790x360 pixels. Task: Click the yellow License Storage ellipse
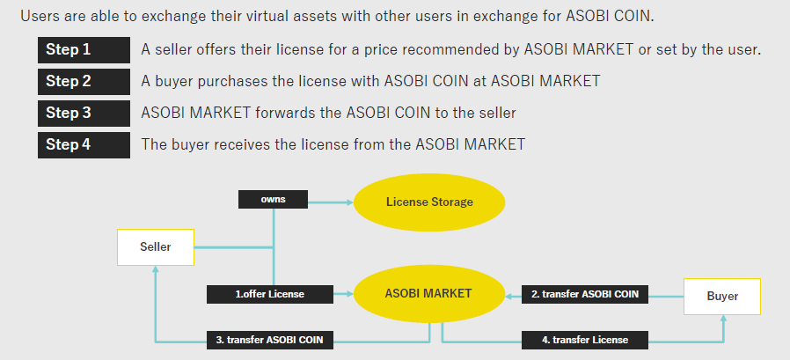tap(429, 202)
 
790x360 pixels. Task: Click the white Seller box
tap(156, 247)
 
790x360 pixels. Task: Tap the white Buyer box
tap(722, 297)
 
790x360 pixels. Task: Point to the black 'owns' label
tap(274, 200)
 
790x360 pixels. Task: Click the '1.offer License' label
tap(270, 294)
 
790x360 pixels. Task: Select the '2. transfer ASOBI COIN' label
tap(585, 294)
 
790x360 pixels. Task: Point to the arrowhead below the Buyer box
tap(723, 320)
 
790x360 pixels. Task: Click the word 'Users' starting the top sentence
tap(40, 17)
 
